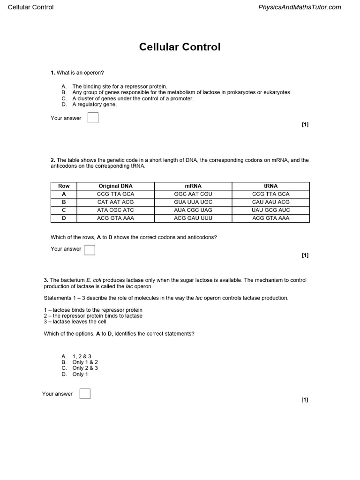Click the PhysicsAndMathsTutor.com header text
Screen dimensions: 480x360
click(300, 7)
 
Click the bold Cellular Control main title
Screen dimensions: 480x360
click(180, 47)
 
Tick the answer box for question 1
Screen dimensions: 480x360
click(93, 118)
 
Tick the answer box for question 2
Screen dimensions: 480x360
click(90, 250)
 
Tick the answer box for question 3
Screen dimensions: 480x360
click(85, 394)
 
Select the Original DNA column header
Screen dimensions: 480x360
click(115, 186)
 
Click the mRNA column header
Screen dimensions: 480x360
click(193, 186)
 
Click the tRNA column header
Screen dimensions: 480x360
click(271, 186)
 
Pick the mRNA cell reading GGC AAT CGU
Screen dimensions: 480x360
click(193, 194)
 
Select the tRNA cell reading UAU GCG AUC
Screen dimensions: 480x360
click(271, 210)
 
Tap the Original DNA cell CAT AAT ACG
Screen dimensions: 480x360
click(115, 202)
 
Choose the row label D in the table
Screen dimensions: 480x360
click(64, 218)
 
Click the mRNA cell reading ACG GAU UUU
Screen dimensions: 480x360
click(193, 218)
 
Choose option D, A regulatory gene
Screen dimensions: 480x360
click(94, 105)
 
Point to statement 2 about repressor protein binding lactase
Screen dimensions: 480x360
click(93, 316)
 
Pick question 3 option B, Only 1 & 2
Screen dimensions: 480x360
click(85, 362)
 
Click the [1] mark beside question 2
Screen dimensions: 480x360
click(305, 255)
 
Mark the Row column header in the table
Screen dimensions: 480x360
click(64, 186)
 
